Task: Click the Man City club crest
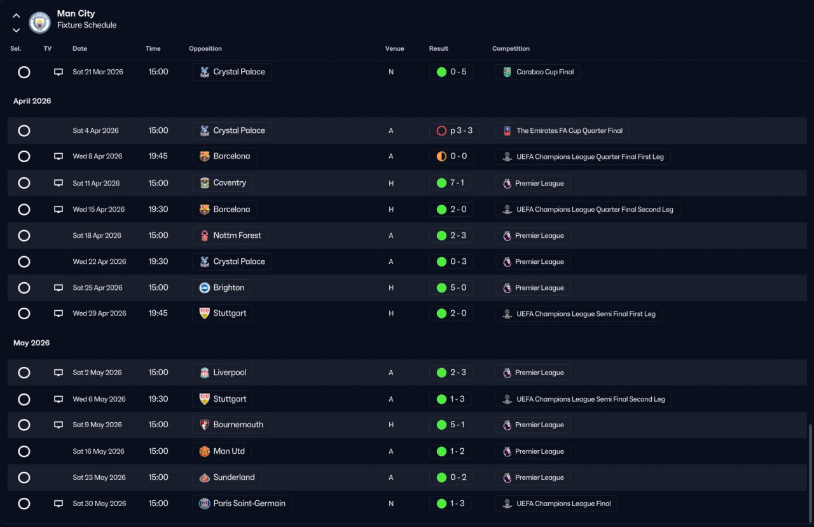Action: [39, 22]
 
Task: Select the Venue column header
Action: [395, 48]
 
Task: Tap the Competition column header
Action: [511, 48]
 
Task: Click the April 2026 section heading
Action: [32, 101]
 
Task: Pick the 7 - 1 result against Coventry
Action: [457, 182]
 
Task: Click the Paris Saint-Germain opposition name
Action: [249, 503]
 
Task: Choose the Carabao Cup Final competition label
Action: [545, 72]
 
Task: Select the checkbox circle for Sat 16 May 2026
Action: [24, 451]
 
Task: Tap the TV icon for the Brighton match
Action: [59, 287]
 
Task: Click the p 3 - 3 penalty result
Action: [461, 130]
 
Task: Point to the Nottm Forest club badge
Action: [205, 235]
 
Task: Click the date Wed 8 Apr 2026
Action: [97, 156]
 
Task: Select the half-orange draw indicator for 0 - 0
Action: [441, 156]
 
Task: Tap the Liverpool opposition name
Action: [230, 373]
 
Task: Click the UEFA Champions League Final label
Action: [563, 503]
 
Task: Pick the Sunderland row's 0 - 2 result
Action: [459, 477]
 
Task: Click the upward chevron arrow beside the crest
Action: [17, 16]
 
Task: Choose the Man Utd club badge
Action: [205, 451]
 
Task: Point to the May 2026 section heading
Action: [32, 343]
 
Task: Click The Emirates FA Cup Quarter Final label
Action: [569, 130]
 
